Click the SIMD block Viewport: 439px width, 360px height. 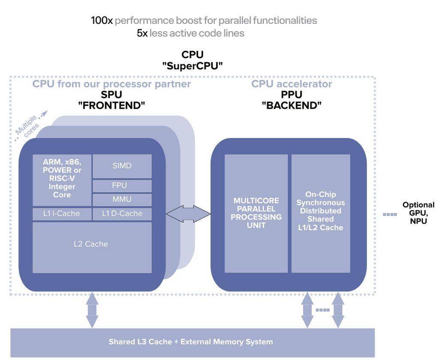(x=122, y=166)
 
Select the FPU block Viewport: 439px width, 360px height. (x=122, y=186)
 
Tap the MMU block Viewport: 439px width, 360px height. (x=122, y=200)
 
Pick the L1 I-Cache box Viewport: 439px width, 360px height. (x=62, y=214)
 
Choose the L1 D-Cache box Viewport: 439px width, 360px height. (x=122, y=214)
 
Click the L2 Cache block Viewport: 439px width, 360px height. (x=92, y=247)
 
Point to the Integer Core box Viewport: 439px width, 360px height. (x=62, y=180)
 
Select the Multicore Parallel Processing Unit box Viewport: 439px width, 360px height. (x=256, y=213)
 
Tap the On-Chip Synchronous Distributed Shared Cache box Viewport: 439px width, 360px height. (x=321, y=213)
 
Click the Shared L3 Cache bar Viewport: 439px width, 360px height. (x=192, y=342)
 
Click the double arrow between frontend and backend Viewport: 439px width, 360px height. (x=188, y=214)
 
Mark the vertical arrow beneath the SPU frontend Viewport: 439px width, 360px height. (x=92, y=310)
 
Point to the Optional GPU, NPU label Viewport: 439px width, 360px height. (x=418, y=213)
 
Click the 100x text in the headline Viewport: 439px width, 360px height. (x=102, y=21)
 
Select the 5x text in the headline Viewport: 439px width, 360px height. (x=142, y=33)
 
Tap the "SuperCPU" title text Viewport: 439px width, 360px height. (x=192, y=66)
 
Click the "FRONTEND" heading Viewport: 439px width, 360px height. (x=111, y=105)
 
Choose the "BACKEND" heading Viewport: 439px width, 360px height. (x=292, y=105)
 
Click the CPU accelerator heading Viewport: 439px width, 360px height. (x=292, y=84)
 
